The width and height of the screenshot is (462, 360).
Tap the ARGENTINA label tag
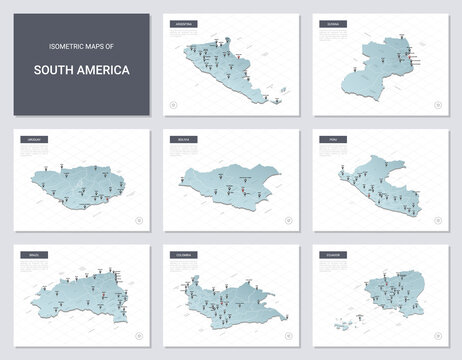[x=185, y=22]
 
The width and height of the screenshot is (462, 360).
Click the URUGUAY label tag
[x=30, y=140]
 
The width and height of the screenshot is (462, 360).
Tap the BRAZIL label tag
[x=30, y=255]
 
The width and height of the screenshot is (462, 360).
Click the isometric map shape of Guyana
[x=378, y=68]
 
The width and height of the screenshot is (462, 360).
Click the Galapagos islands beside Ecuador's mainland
[x=345, y=321]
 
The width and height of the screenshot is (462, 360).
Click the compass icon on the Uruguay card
[x=138, y=217]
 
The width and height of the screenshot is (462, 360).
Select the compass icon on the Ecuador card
[x=434, y=336]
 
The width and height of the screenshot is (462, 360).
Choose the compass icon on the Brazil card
[x=138, y=336]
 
